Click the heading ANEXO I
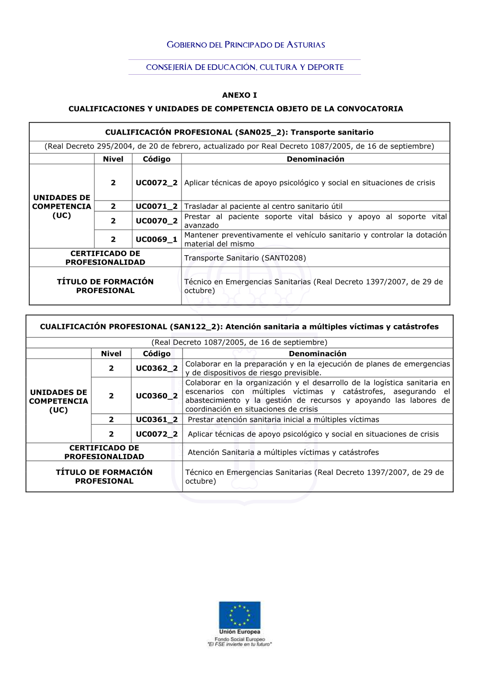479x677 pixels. pyautogui.click(x=239, y=95)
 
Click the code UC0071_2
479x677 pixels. pyautogui.click(x=157, y=206)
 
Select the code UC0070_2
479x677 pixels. pyautogui.click(x=157, y=221)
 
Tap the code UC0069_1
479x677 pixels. pyautogui.click(x=157, y=239)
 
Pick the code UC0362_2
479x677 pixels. pyautogui.click(x=157, y=368)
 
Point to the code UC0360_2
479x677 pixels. pyautogui.click(x=157, y=396)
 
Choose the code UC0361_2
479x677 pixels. pyautogui.click(x=157, y=419)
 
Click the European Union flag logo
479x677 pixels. pyautogui.click(x=239, y=615)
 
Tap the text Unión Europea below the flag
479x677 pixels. pyautogui.click(x=239, y=632)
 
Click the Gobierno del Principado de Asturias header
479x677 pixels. pyautogui.click(x=246, y=45)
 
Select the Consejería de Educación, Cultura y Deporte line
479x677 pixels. pyautogui.click(x=245, y=68)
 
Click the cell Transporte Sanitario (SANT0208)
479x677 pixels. pyautogui.click(x=245, y=258)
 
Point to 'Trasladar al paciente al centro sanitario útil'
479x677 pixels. pyautogui.click(x=263, y=206)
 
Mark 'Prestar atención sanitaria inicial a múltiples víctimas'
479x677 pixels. pyautogui.click(x=284, y=420)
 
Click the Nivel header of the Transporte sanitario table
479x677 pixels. pyautogui.click(x=113, y=159)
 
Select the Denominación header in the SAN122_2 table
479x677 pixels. pyautogui.click(x=318, y=354)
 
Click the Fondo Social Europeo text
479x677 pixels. pyautogui.click(x=239, y=639)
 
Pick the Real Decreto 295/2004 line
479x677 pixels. pyautogui.click(x=239, y=147)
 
